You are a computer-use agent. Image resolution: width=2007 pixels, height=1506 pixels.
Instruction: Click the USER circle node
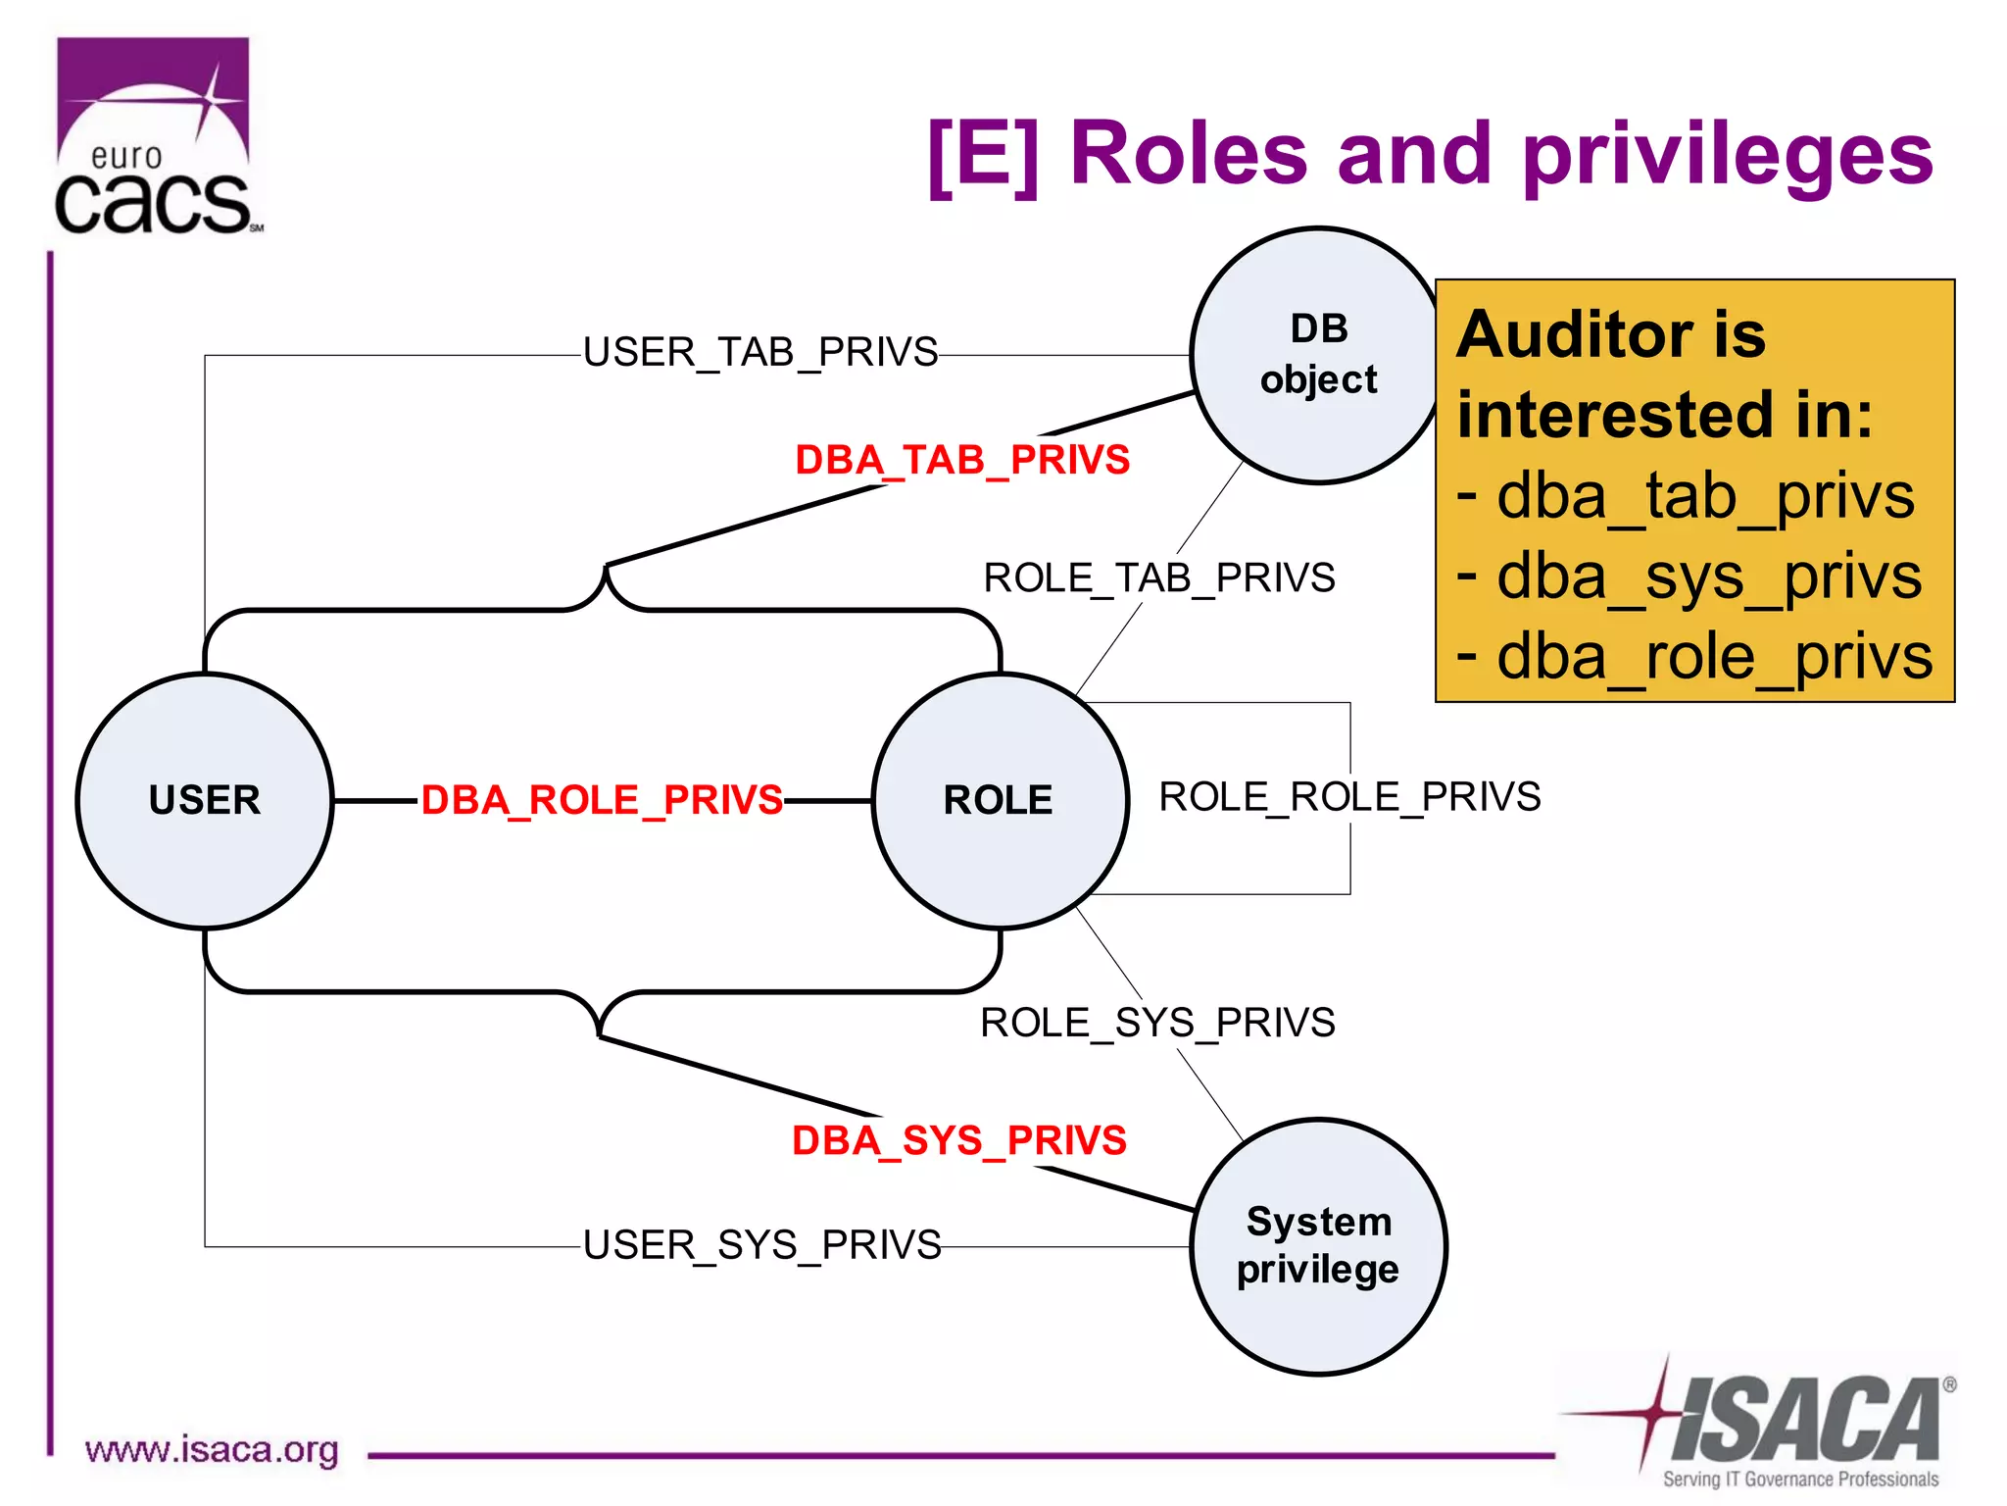[205, 800]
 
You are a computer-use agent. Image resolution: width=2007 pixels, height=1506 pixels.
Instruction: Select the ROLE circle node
[1000, 800]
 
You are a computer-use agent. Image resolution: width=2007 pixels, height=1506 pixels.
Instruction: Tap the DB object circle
[1318, 355]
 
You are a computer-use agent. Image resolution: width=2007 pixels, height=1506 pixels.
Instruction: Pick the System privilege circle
[1318, 1246]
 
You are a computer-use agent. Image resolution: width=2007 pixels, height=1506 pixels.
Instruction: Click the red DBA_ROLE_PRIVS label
[602, 800]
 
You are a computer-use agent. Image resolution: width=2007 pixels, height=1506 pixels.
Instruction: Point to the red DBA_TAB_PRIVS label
[962, 460]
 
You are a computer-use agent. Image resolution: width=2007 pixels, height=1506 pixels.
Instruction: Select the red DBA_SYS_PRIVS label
[959, 1140]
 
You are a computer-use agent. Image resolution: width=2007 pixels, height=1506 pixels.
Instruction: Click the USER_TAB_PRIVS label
[760, 352]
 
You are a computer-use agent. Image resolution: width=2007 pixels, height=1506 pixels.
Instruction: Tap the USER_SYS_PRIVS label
[761, 1245]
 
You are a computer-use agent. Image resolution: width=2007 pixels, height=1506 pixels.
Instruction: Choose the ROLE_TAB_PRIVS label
[1159, 577]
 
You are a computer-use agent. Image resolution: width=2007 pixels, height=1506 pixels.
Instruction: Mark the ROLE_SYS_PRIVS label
[1157, 1023]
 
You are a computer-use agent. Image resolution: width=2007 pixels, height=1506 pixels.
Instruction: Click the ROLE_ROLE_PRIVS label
[1349, 797]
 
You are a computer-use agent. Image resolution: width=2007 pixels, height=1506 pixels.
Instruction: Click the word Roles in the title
[1189, 154]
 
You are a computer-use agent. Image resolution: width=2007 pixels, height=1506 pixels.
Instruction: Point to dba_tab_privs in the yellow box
[1705, 496]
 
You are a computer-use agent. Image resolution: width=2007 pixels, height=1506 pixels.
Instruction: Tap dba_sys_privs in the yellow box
[1709, 577]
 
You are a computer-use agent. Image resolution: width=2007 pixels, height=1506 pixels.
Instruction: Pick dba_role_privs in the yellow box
[1715, 657]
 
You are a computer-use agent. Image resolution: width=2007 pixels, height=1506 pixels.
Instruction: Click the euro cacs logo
[155, 137]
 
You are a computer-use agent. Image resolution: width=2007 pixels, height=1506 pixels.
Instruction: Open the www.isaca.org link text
[212, 1450]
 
